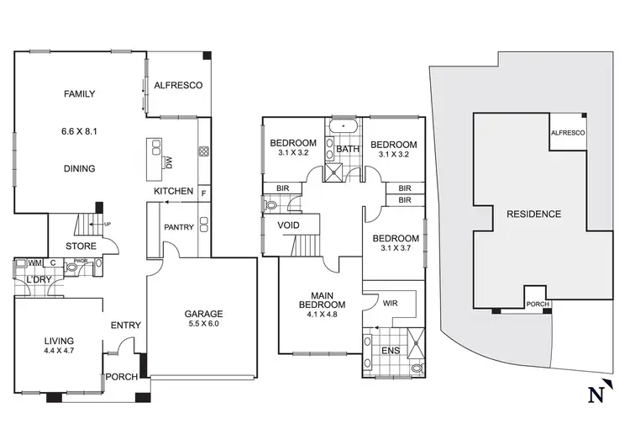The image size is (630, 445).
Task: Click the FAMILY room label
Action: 80,94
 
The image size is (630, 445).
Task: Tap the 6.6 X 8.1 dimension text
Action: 80,131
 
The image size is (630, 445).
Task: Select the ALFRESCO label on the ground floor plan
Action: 177,86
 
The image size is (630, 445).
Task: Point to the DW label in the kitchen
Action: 168,161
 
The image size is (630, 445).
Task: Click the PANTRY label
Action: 179,227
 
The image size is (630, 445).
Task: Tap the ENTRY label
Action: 125,325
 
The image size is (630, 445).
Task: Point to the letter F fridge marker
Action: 202,192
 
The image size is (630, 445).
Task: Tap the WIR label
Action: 390,301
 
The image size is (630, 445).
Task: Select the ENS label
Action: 391,350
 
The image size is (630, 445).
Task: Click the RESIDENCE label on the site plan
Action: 533,214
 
